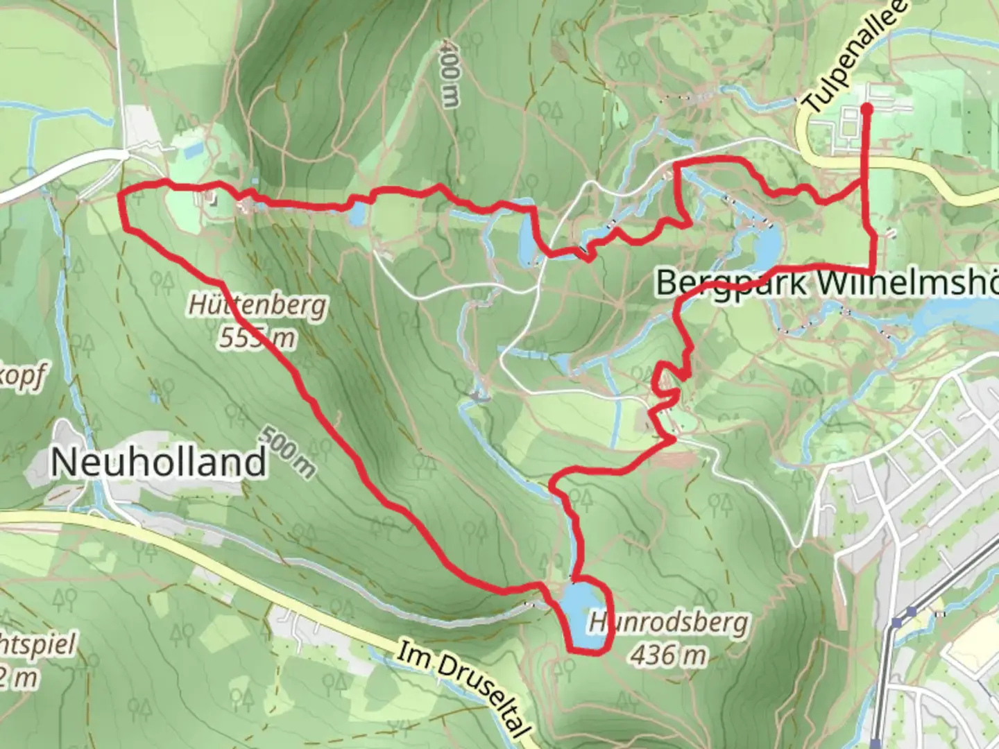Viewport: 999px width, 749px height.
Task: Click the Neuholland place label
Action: pos(158,461)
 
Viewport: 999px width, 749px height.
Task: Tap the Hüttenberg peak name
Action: pos(257,306)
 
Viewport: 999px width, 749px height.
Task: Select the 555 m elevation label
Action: pos(257,338)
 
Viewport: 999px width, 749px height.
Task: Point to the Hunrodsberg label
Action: pos(669,623)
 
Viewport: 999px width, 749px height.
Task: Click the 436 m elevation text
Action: pos(669,654)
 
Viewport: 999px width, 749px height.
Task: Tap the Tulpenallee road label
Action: pos(855,57)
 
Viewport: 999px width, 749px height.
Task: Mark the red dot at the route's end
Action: pos(866,108)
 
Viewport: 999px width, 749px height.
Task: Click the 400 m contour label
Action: pos(450,72)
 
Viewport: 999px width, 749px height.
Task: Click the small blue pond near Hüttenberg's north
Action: pos(356,215)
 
